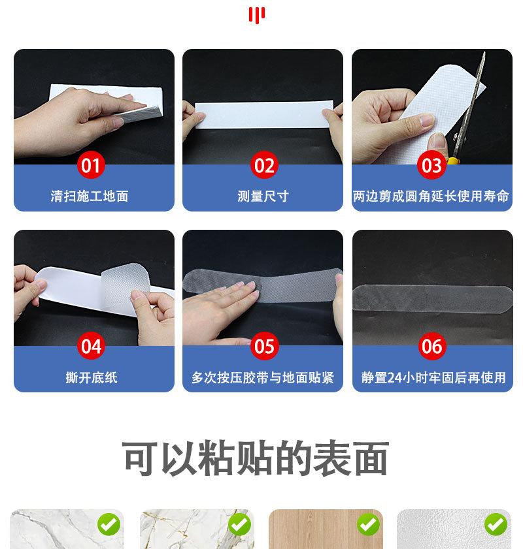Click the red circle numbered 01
[91, 165]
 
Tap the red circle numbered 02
[264, 165]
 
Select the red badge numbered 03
[431, 165]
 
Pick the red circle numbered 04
[91, 346]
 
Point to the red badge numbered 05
[264, 346]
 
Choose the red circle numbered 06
[432, 346]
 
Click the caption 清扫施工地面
[90, 196]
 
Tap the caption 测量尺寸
[263, 196]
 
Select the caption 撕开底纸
[91, 377]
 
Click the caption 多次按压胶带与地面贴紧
[263, 377]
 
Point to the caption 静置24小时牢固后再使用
[433, 377]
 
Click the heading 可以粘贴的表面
[255, 458]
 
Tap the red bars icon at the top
[257, 16]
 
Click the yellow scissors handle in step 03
[452, 161]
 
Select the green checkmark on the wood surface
[368, 525]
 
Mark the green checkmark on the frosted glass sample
[496, 525]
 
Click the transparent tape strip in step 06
[433, 298]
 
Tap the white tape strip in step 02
[263, 114]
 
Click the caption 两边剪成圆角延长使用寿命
[431, 196]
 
